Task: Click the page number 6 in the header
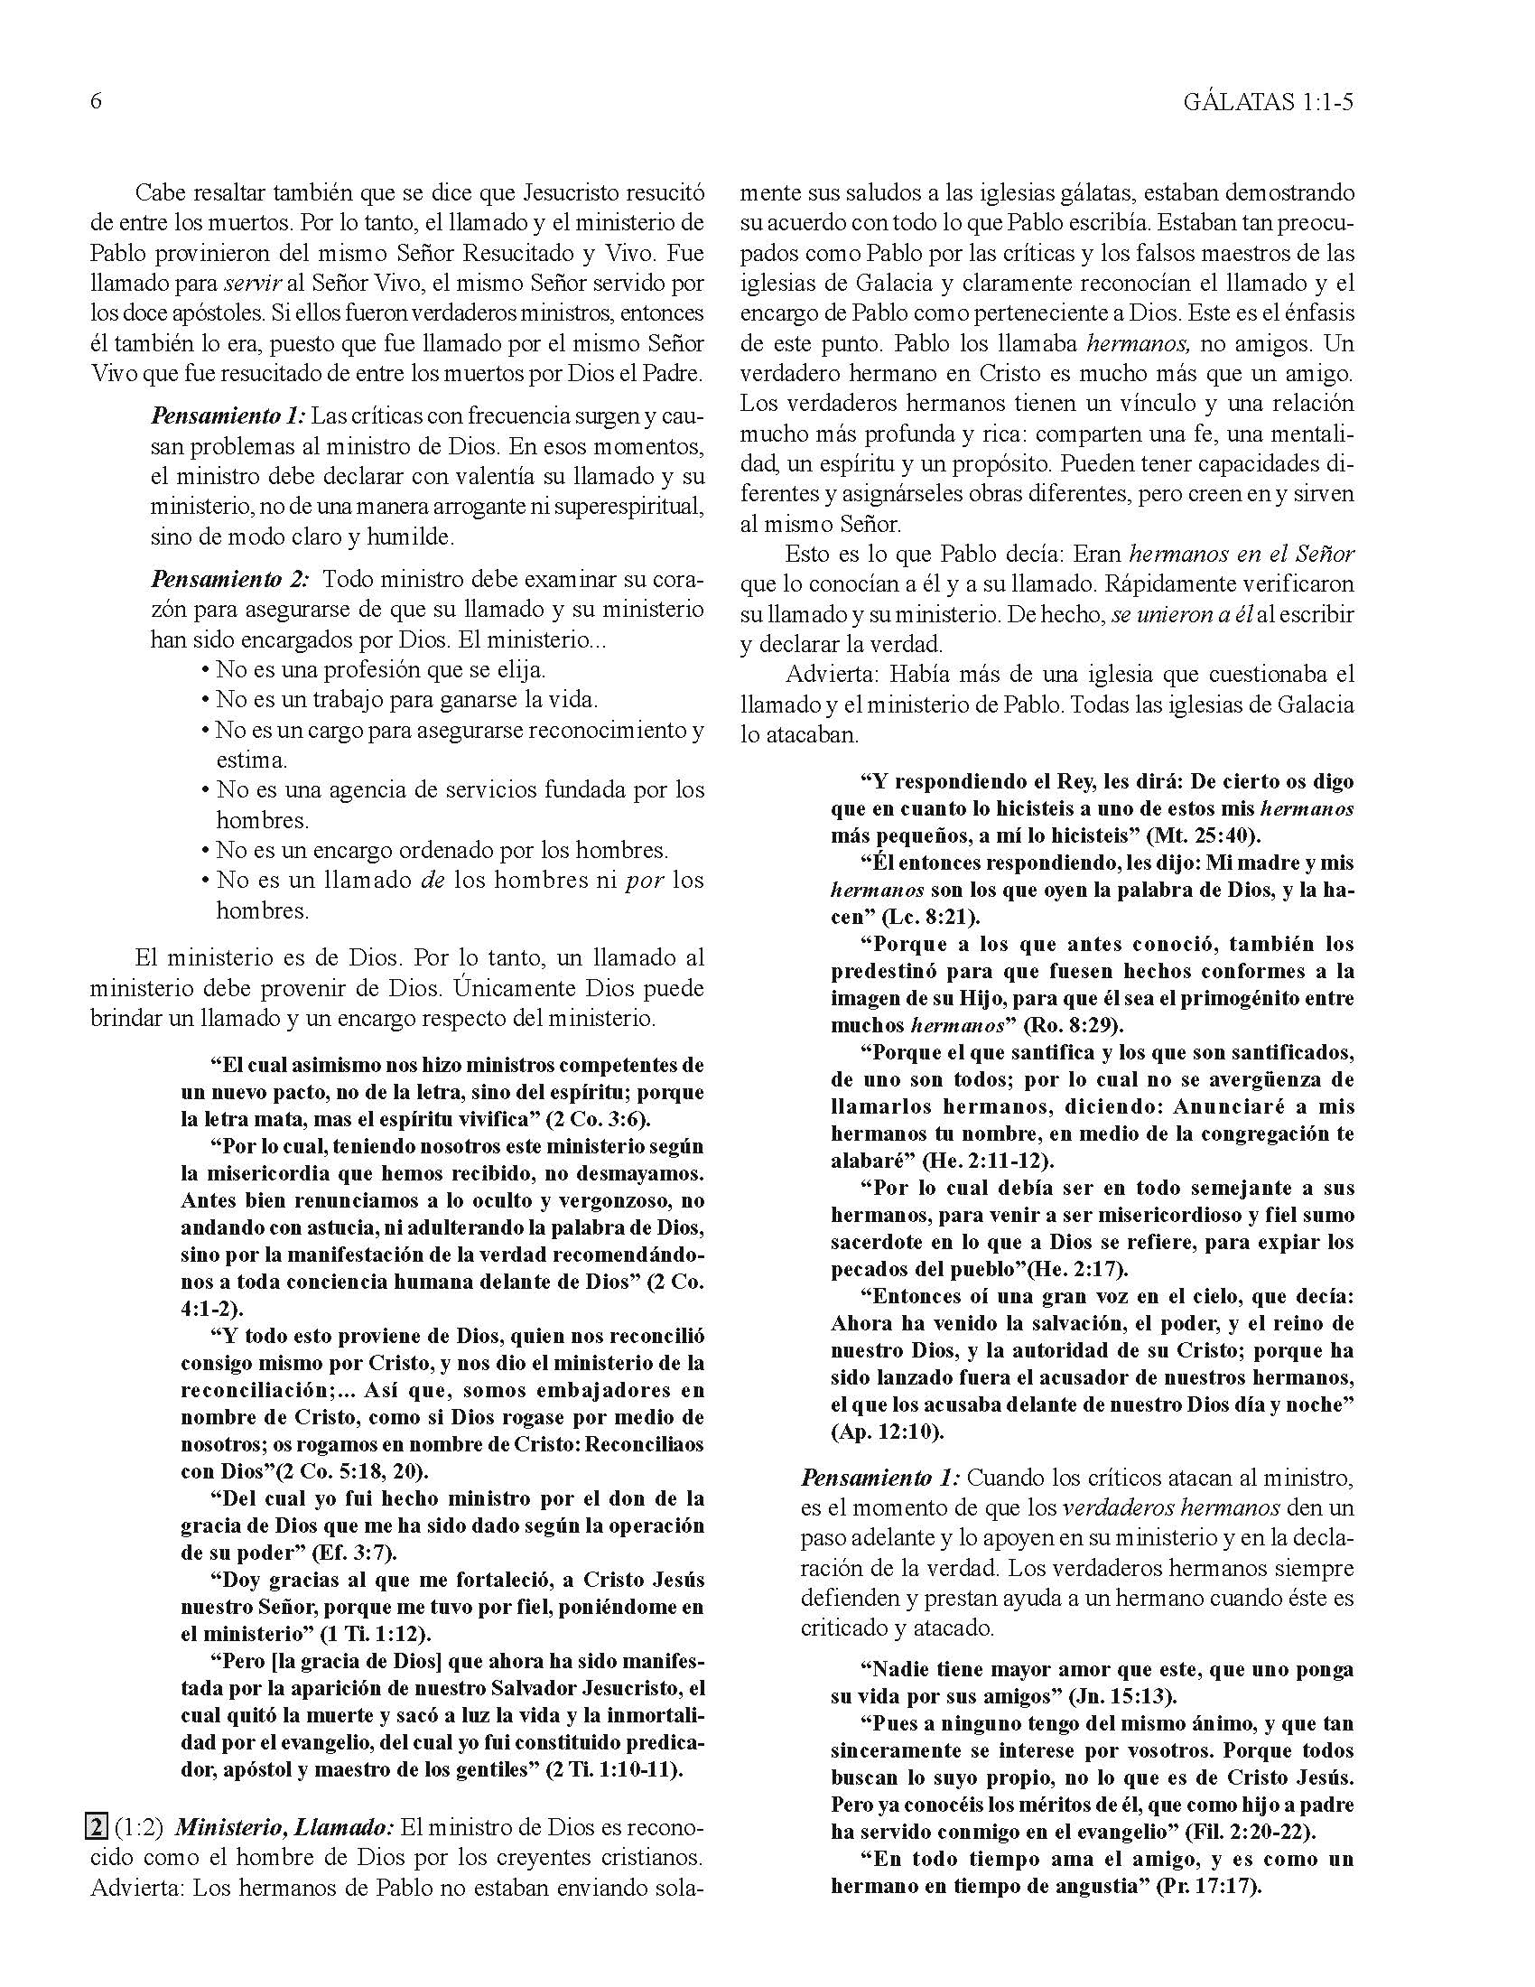96,101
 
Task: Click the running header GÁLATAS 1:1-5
1269,103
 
